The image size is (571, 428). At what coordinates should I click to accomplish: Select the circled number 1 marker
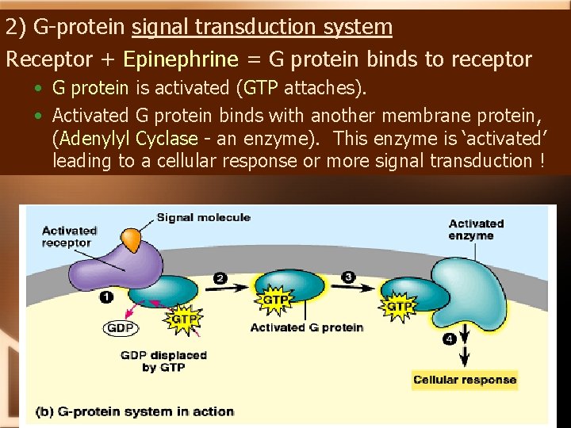tap(106, 296)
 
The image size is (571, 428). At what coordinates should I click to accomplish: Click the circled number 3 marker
tap(348, 277)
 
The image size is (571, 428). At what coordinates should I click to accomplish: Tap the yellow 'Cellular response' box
tap(465, 380)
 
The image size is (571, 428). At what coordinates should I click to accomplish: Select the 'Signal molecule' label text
tap(203, 217)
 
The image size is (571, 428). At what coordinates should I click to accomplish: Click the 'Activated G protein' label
tap(307, 327)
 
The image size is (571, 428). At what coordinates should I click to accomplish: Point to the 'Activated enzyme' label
tap(476, 229)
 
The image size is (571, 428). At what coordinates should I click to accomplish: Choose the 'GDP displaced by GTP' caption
tap(163, 361)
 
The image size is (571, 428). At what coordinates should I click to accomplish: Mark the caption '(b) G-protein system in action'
tap(135, 411)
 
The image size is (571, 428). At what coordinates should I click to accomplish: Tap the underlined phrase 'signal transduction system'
tap(262, 27)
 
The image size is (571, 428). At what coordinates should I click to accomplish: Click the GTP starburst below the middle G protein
tap(275, 300)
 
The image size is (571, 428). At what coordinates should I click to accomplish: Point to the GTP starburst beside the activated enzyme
tap(399, 305)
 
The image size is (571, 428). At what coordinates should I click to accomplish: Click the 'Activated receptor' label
tap(69, 236)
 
